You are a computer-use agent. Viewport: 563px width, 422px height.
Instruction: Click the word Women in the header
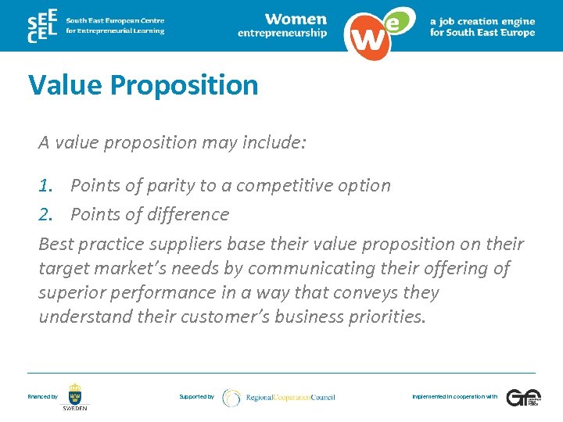(295, 19)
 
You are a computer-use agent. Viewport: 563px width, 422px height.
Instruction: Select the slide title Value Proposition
(143, 84)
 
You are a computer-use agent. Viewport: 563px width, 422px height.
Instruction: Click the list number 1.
(48, 186)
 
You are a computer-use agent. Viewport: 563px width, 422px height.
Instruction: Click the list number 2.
(48, 214)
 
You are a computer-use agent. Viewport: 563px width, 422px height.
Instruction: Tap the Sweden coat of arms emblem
(75, 393)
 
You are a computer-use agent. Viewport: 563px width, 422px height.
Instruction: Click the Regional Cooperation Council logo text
(290, 398)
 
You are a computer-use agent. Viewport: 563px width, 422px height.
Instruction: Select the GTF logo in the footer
(522, 397)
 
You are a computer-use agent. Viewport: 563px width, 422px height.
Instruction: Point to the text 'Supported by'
(196, 397)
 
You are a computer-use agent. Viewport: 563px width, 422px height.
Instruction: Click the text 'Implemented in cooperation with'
(454, 397)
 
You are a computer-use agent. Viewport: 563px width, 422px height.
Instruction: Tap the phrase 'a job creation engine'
(482, 21)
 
